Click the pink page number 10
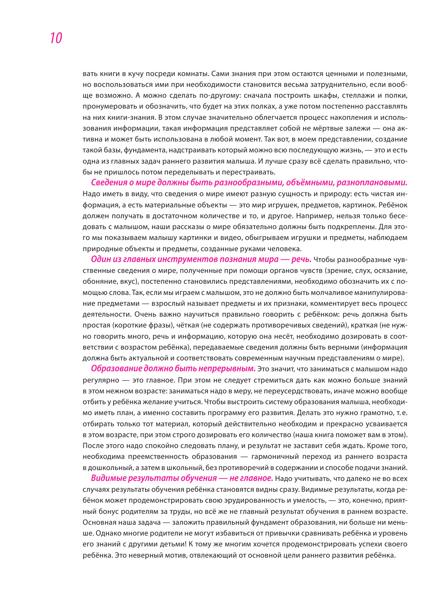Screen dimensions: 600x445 56,38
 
